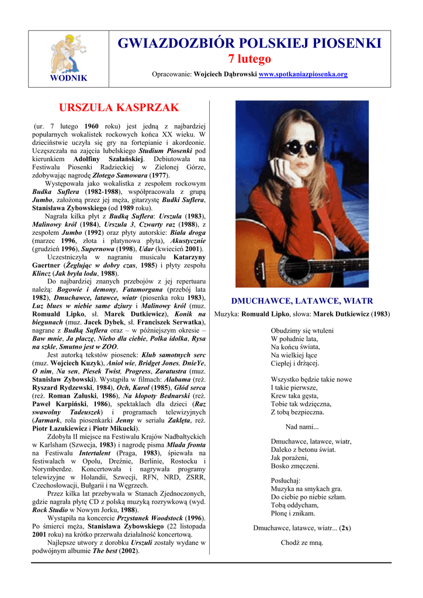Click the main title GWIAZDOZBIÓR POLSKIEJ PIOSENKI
point(249,43)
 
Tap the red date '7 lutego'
point(249,59)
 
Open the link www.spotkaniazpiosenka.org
point(303,75)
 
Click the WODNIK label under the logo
point(68,78)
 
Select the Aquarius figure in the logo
point(68,53)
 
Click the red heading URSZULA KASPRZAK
point(119,108)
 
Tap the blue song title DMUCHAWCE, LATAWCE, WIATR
point(302,301)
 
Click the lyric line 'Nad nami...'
point(301,427)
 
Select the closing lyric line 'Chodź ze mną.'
point(301,543)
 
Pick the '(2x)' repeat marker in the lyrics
point(345,528)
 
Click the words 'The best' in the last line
point(106,550)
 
